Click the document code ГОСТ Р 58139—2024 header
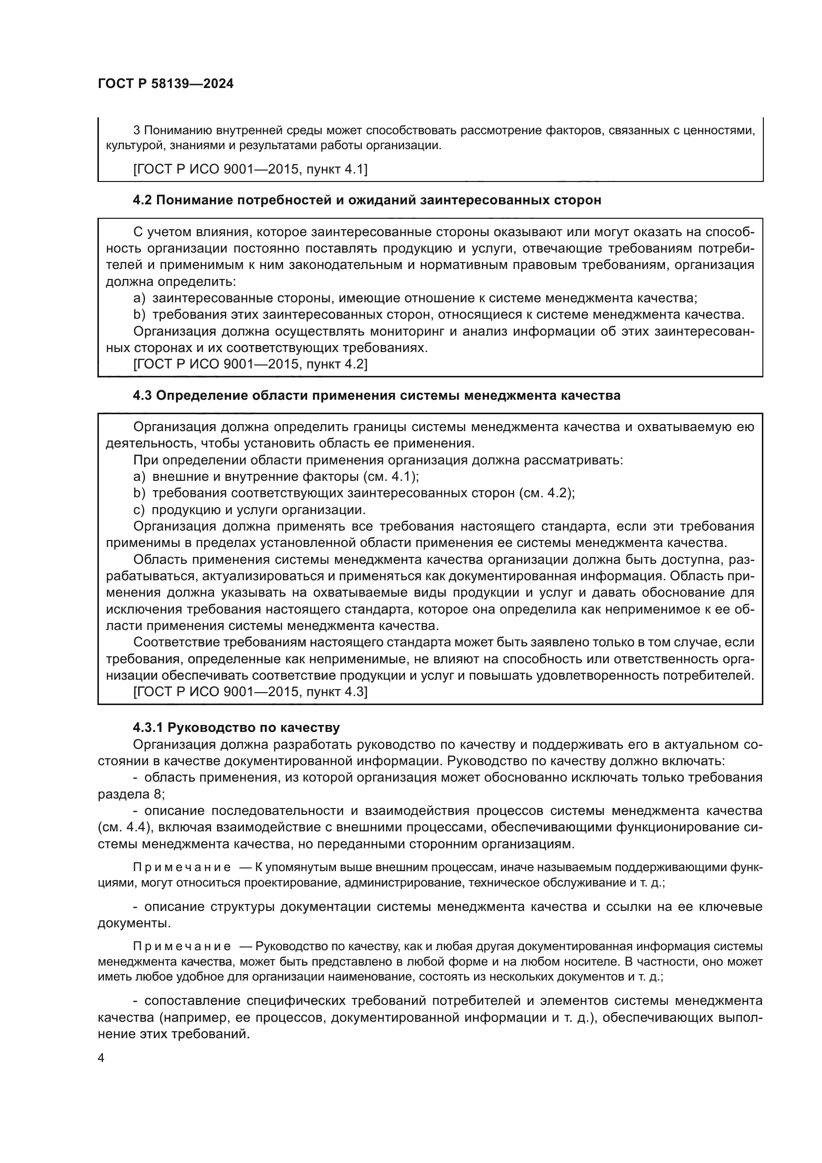[x=165, y=84]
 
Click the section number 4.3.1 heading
[x=148, y=728]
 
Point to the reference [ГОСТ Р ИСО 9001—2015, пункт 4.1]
[x=250, y=169]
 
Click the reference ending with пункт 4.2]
[x=250, y=364]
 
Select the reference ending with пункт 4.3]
[x=250, y=692]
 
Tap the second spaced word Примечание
[x=182, y=947]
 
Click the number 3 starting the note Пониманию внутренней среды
[x=136, y=130]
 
